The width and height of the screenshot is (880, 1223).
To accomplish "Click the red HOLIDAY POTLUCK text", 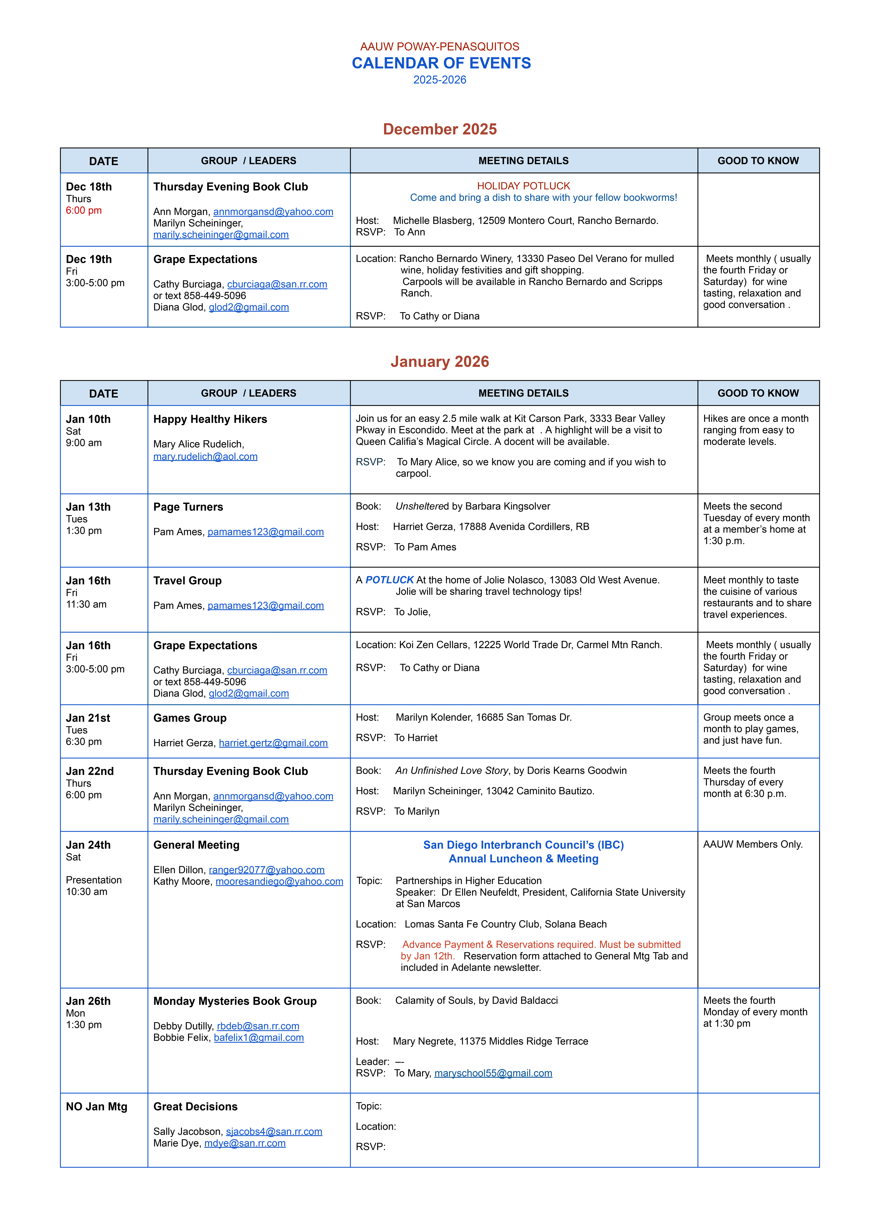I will (523, 186).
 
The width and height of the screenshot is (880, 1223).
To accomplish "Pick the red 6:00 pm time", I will (84, 210).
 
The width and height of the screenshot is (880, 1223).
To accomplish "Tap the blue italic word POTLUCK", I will (389, 580).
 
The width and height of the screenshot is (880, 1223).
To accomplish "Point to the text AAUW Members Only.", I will (753, 844).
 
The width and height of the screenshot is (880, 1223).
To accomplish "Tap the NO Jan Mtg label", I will (96, 1106).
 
